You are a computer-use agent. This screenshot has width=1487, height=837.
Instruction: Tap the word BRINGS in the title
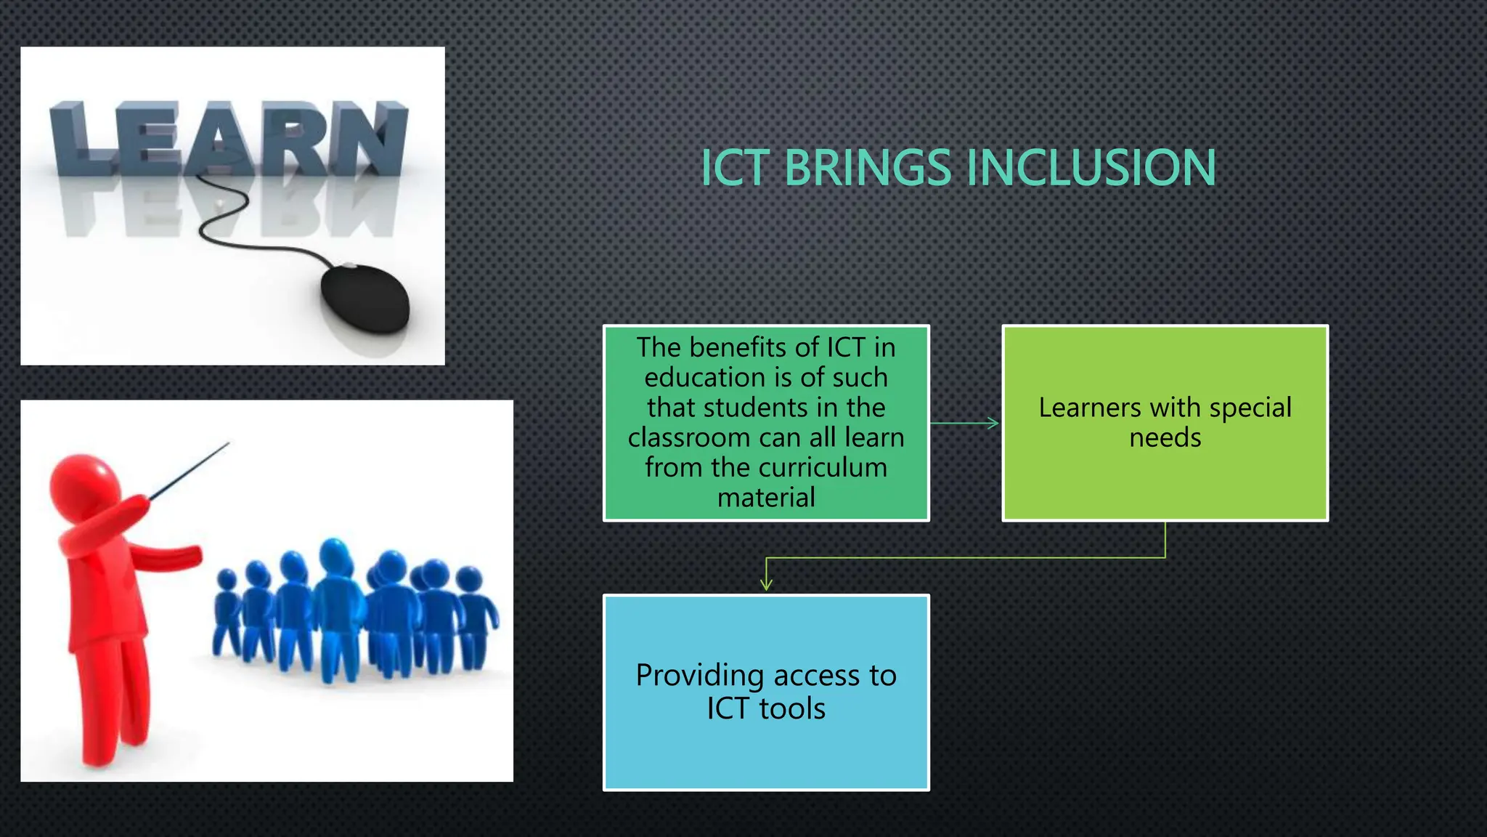point(867,168)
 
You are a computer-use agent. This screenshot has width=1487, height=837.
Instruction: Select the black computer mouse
point(365,299)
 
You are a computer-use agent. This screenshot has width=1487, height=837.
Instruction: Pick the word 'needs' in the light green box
point(1165,437)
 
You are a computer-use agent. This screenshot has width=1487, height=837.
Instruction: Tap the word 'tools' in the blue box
point(792,708)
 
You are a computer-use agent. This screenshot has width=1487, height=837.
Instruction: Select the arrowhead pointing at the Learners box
point(993,423)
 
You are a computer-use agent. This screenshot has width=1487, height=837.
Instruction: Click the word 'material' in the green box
point(766,498)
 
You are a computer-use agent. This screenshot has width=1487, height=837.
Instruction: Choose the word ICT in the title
point(734,168)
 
